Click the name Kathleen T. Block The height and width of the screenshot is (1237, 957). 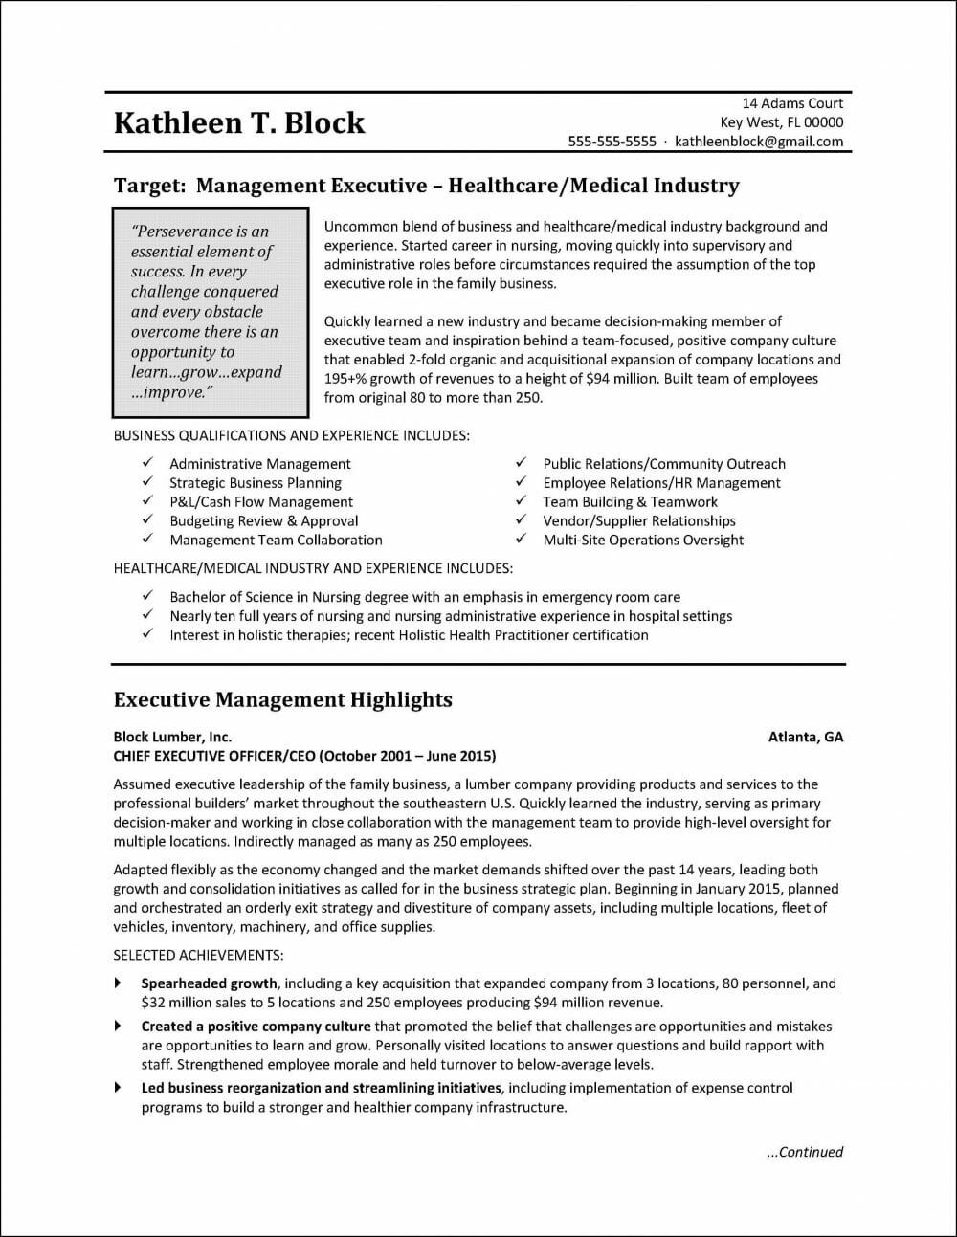tap(238, 122)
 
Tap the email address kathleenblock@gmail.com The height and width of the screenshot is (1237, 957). tap(759, 142)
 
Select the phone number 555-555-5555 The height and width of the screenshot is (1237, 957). tap(612, 142)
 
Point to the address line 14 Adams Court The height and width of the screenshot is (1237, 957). tap(792, 103)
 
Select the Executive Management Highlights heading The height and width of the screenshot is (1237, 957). tap(282, 700)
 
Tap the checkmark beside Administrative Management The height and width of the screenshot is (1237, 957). tap(147, 464)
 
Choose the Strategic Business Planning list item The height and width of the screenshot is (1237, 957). tap(255, 483)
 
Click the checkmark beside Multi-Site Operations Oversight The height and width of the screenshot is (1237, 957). tap(521, 540)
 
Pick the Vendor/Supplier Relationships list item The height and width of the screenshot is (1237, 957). tap(638, 521)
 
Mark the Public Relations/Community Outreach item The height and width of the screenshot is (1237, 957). tap(663, 464)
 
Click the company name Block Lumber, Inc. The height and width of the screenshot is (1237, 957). tap(172, 737)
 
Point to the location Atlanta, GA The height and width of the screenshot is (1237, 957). tap(806, 737)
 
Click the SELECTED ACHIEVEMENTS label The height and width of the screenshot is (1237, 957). tap(198, 955)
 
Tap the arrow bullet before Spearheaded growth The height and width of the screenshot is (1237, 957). tap(118, 983)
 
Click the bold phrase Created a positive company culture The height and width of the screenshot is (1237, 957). tap(256, 1027)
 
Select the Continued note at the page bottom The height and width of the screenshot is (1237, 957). tap(805, 1152)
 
